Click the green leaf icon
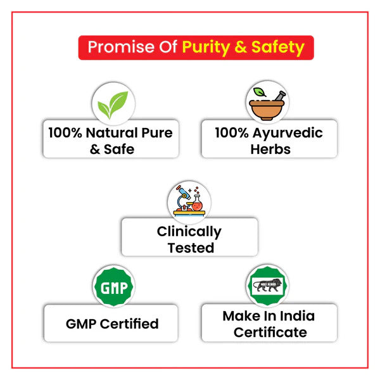click(x=113, y=104)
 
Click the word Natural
click(x=113, y=133)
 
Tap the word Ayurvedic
click(x=286, y=133)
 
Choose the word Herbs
click(x=270, y=149)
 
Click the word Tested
click(x=191, y=248)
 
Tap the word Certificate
click(x=270, y=332)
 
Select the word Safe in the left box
click(x=119, y=149)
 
